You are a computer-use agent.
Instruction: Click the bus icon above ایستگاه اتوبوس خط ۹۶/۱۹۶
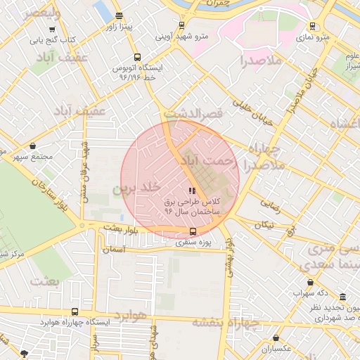136,58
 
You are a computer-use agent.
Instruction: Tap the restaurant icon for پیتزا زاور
118,15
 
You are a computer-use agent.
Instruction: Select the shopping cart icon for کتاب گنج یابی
52,30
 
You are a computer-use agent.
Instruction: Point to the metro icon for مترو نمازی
312,26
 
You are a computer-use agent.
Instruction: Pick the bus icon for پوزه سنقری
193,231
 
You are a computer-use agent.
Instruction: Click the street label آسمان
113,249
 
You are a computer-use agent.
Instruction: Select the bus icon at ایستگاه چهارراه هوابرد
75,311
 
